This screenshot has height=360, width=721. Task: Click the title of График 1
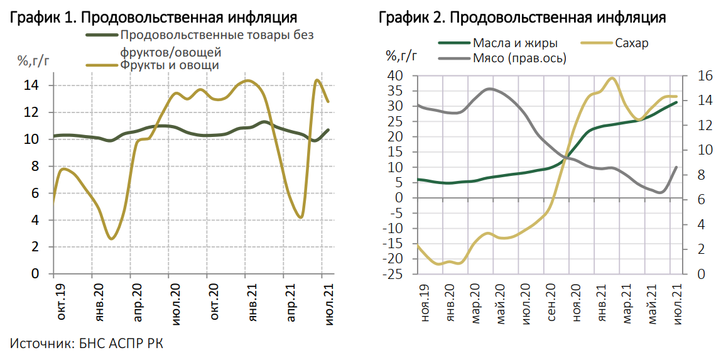(x=154, y=17)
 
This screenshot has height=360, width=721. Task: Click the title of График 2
(x=523, y=17)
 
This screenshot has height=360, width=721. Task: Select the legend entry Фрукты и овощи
(x=169, y=65)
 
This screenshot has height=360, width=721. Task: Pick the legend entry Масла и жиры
(x=515, y=43)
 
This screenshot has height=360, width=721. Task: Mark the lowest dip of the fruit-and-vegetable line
(x=111, y=239)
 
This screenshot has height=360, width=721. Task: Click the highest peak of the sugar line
(x=612, y=78)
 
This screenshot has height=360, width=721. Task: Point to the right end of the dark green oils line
(x=676, y=102)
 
